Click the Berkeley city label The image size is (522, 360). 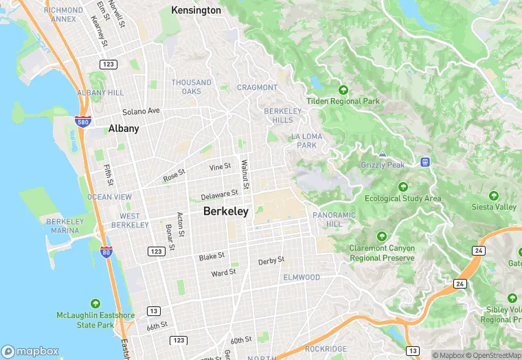pyautogui.click(x=225, y=212)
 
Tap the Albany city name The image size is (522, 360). pyautogui.click(x=124, y=128)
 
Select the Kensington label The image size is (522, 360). pyautogui.click(x=196, y=10)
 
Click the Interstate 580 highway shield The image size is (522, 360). pyautogui.click(x=81, y=121)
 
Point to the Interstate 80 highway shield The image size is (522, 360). pyautogui.click(x=106, y=252)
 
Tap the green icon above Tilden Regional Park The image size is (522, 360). pyautogui.click(x=343, y=90)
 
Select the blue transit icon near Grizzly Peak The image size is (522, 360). pyautogui.click(x=425, y=162)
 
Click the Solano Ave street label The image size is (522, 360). pyautogui.click(x=141, y=111)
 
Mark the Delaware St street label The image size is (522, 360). pyautogui.click(x=219, y=196)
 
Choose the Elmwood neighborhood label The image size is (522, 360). pyautogui.click(x=302, y=277)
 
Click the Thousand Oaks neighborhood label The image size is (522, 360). pyautogui.click(x=192, y=87)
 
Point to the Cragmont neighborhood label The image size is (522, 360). pyautogui.click(x=258, y=87)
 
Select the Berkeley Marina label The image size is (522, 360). pyautogui.click(x=65, y=226)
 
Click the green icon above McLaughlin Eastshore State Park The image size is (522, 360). pyautogui.click(x=95, y=303)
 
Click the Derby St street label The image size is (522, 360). pyautogui.click(x=271, y=261)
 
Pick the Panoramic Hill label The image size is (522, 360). pyautogui.click(x=334, y=219)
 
